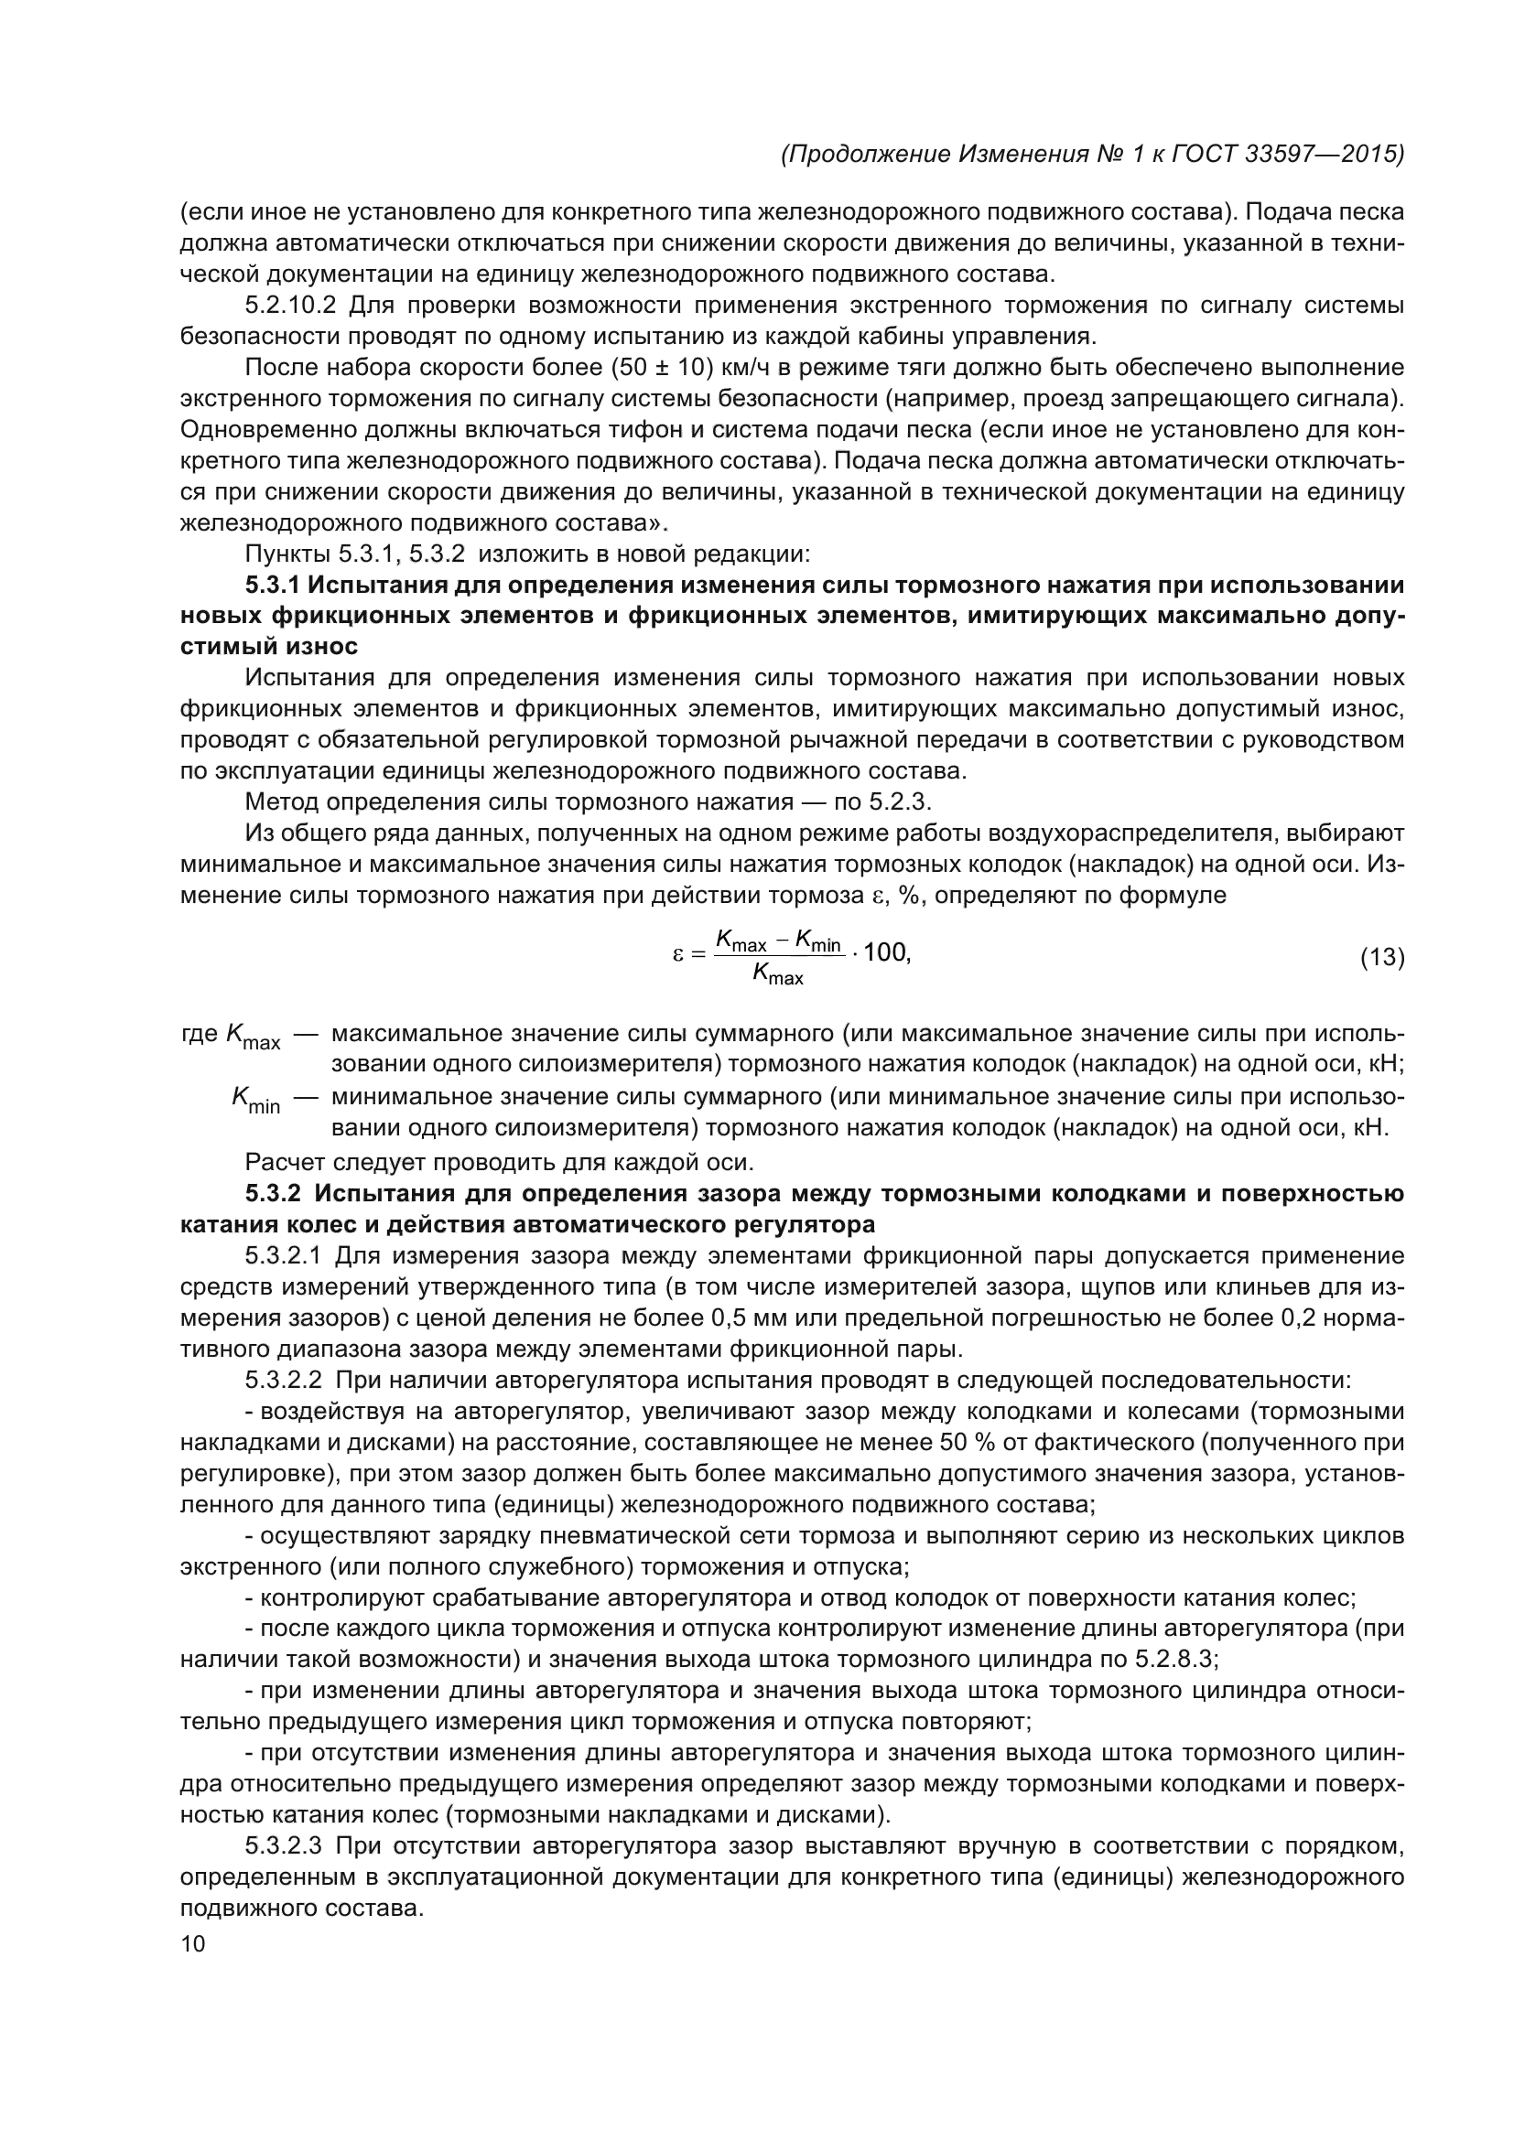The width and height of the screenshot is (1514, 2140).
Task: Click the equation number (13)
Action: pos(1381,957)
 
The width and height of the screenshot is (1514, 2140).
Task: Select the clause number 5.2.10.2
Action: pos(290,306)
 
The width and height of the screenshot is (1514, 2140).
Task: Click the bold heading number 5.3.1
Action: pos(273,586)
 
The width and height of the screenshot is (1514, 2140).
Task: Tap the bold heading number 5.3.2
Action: pos(273,1194)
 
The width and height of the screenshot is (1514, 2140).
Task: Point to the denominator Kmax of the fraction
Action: pos(777,976)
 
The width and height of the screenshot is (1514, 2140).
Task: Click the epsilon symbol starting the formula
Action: pos(678,954)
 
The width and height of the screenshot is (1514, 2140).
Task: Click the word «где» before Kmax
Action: pos(200,1035)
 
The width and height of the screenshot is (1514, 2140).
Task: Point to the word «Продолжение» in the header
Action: pos(867,155)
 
